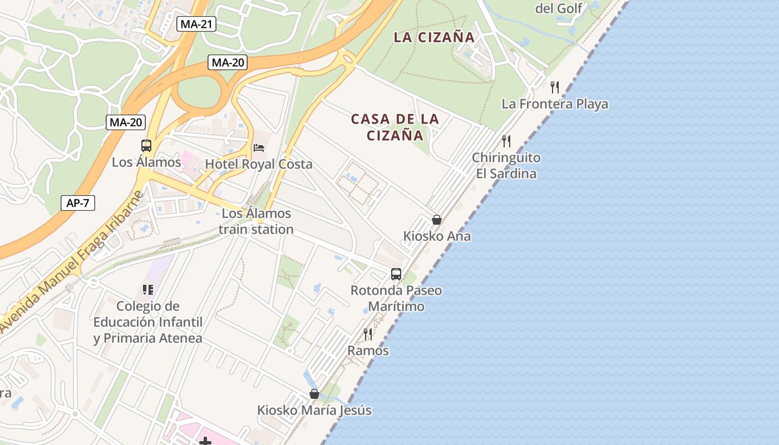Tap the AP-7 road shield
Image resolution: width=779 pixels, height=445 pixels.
click(x=78, y=203)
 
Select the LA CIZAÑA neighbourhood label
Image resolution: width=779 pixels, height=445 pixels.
click(x=434, y=37)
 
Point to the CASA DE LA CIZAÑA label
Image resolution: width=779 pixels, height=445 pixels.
click(x=395, y=127)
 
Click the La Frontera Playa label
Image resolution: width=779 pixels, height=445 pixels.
click(x=555, y=104)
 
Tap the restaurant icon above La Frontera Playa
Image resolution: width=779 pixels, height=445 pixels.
click(x=555, y=87)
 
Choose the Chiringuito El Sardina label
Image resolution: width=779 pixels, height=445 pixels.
click(x=506, y=165)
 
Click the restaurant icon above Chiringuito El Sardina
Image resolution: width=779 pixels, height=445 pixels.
click(x=506, y=141)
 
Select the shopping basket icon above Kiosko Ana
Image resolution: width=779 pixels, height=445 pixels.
click(x=437, y=220)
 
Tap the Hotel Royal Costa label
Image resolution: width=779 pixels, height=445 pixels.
click(x=259, y=164)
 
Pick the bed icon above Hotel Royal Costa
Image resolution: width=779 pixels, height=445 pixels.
click(x=259, y=147)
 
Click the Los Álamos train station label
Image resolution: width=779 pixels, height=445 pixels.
click(x=256, y=221)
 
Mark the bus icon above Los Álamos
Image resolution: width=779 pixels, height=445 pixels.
click(x=146, y=146)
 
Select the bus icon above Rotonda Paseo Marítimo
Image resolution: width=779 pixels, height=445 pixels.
click(x=396, y=274)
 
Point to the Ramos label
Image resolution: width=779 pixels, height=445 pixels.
click(x=368, y=350)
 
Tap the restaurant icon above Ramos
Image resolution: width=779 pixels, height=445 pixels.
click(x=368, y=334)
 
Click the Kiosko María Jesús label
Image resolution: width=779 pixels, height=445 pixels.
click(x=314, y=411)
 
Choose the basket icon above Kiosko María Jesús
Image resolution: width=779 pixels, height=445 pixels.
click(x=314, y=394)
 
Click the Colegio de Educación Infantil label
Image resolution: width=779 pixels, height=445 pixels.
click(x=147, y=322)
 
